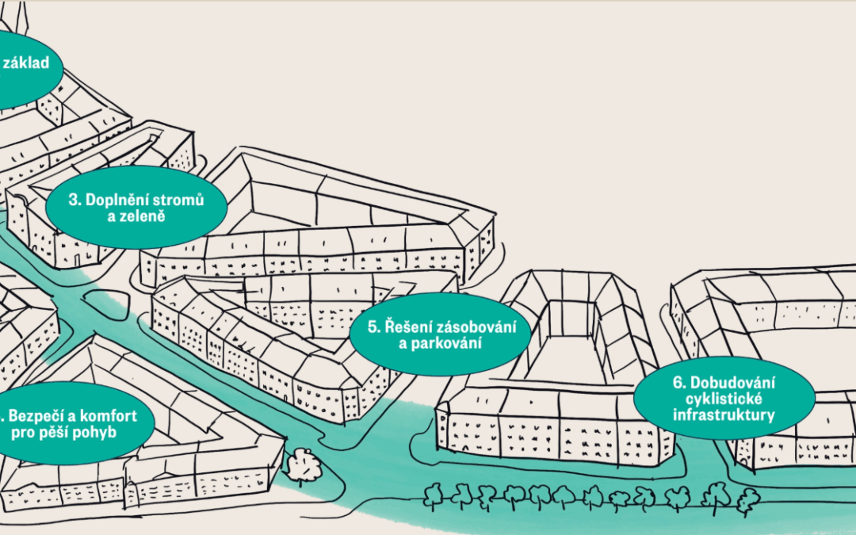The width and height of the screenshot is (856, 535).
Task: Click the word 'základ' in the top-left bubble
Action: point(25,63)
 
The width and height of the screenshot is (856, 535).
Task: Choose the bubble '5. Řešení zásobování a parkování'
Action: point(440,334)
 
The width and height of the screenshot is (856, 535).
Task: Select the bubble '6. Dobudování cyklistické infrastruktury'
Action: point(724,398)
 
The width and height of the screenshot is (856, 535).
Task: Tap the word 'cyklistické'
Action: point(724,399)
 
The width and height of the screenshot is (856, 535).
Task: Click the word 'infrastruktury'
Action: point(724,415)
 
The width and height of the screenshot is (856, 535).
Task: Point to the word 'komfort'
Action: point(112,416)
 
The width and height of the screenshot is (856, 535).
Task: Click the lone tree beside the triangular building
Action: point(301,466)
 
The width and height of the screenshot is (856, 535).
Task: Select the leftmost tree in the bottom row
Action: point(434,497)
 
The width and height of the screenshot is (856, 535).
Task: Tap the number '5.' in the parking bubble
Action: point(374,327)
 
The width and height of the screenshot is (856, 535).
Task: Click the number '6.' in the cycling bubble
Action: point(679,382)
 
